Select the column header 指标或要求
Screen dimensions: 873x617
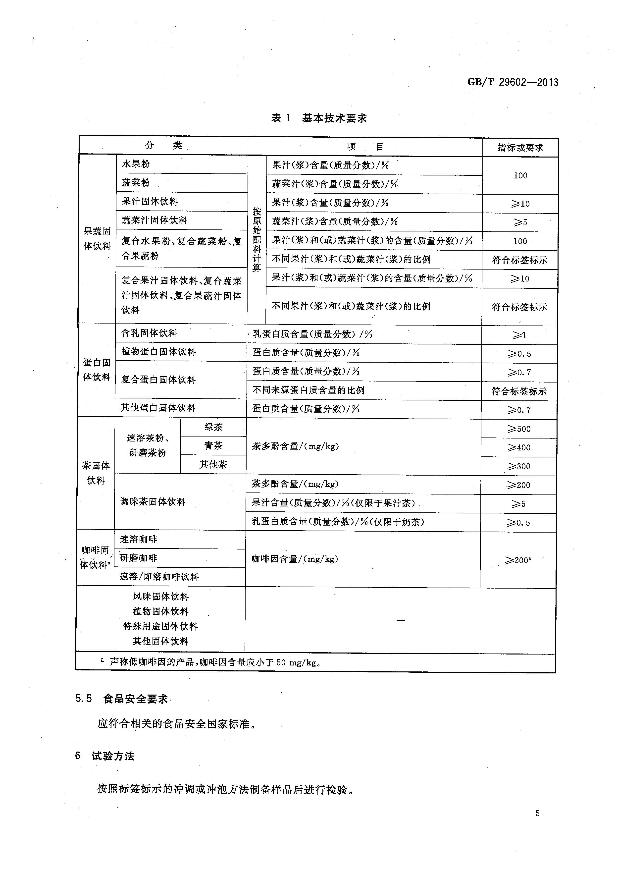tap(520, 148)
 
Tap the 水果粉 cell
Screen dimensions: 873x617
tap(136, 164)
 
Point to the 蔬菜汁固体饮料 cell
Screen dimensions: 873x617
tap(154, 220)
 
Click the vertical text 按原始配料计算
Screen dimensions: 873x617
tap(257, 240)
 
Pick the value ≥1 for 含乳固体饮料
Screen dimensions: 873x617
tap(519, 335)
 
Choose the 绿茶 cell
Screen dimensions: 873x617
tap(213, 427)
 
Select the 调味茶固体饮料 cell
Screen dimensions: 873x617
tap(153, 502)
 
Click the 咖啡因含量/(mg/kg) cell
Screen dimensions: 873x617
tap(295, 559)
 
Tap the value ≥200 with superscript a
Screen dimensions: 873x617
tap(518, 560)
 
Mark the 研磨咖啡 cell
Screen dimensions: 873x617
tap(138, 558)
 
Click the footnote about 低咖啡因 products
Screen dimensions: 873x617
tap(213, 662)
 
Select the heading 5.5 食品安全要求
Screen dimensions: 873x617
tap(122, 699)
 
